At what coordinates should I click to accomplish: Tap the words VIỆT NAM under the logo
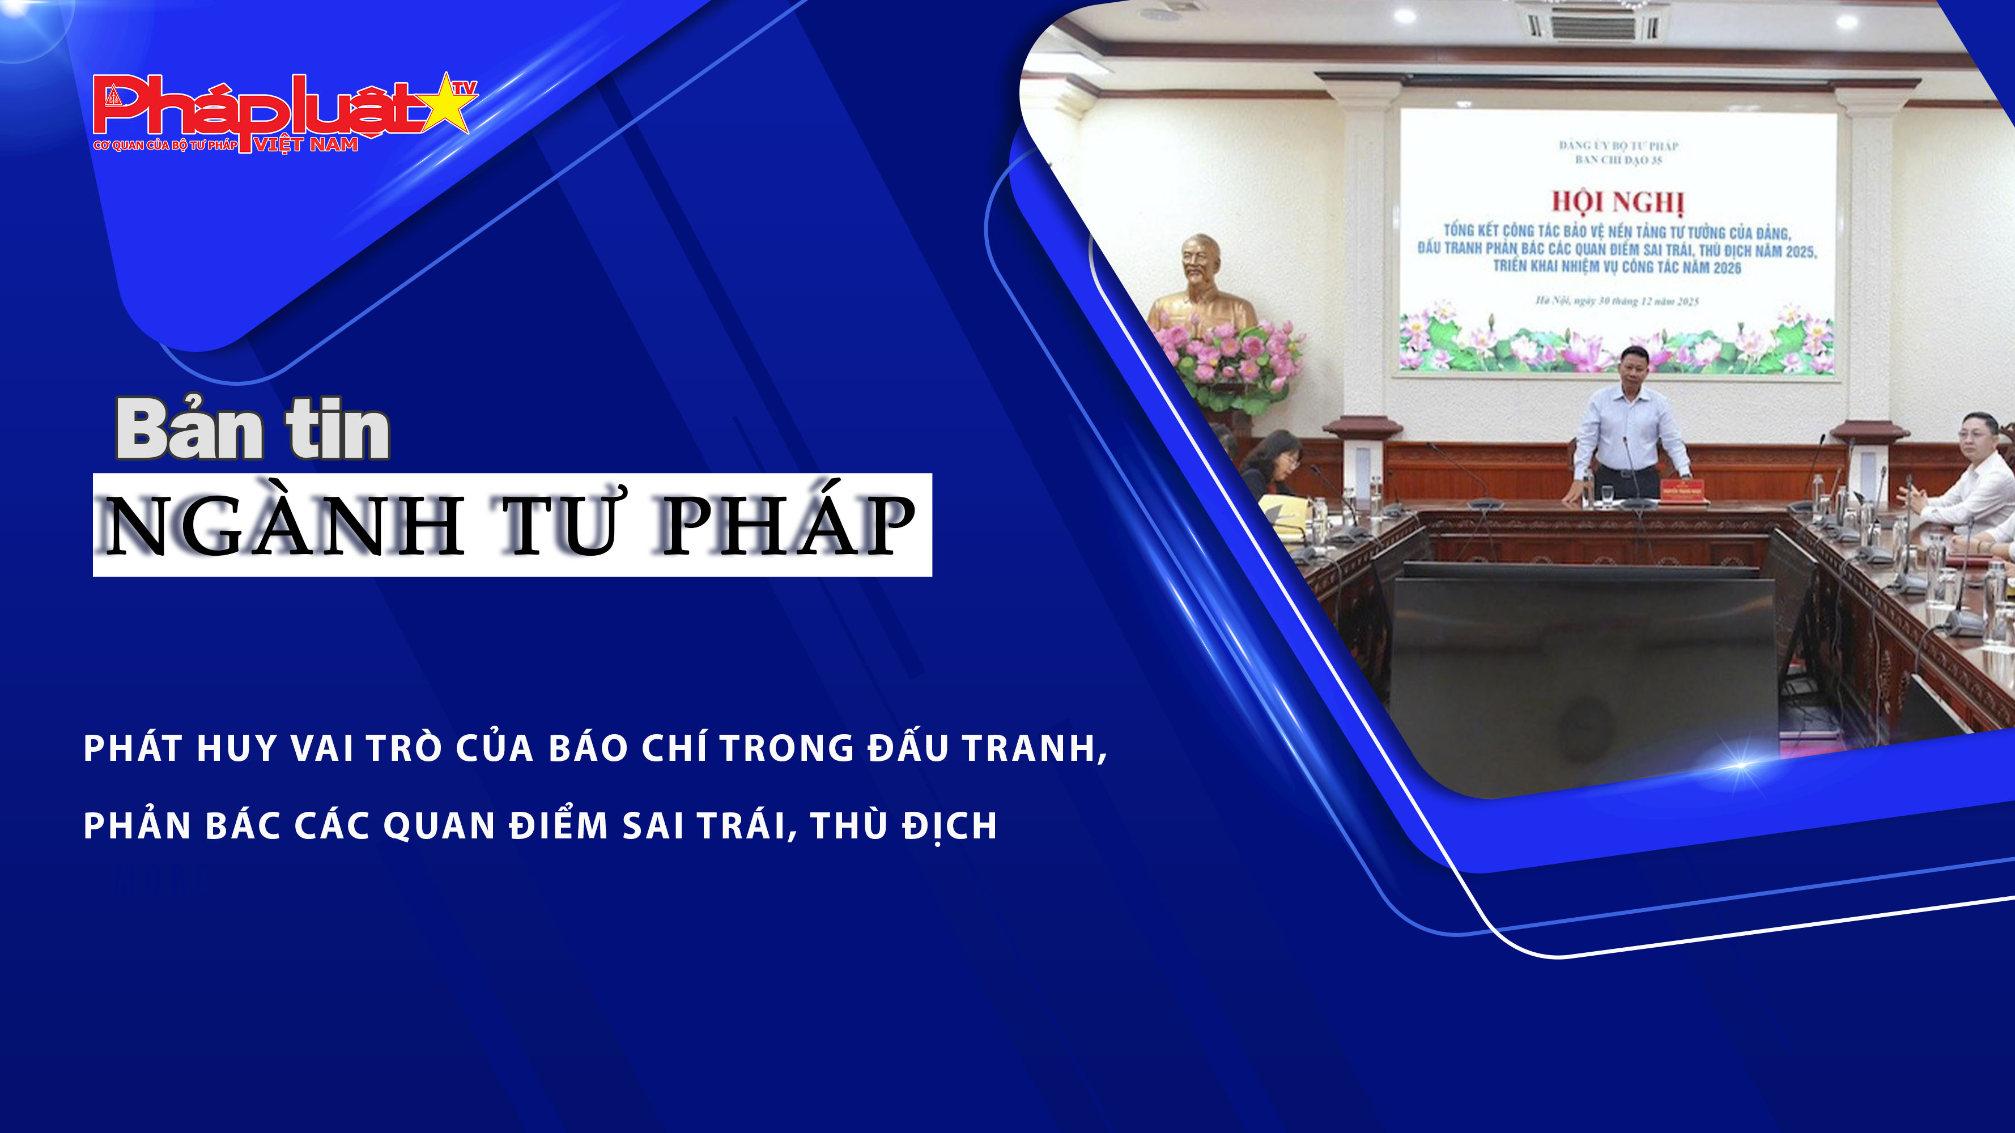click(306, 144)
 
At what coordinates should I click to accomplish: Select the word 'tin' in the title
click(338, 430)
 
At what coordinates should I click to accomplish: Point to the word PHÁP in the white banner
click(788, 526)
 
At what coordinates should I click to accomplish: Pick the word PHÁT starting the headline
click(133, 748)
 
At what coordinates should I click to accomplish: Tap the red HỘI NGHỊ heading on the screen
click(1618, 202)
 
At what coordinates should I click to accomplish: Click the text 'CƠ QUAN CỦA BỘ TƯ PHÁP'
click(165, 146)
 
